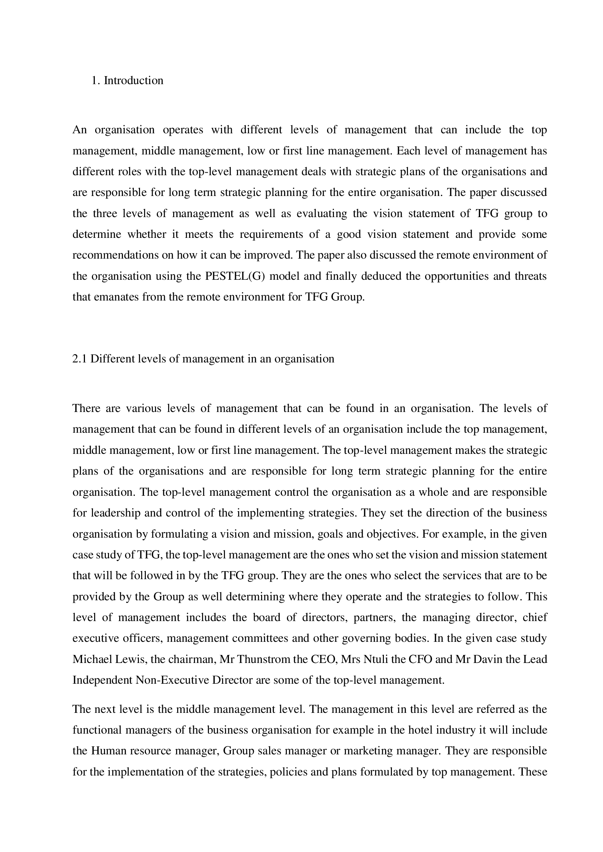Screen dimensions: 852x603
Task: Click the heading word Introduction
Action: [133, 81]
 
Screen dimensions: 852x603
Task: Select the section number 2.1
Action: [79, 359]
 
